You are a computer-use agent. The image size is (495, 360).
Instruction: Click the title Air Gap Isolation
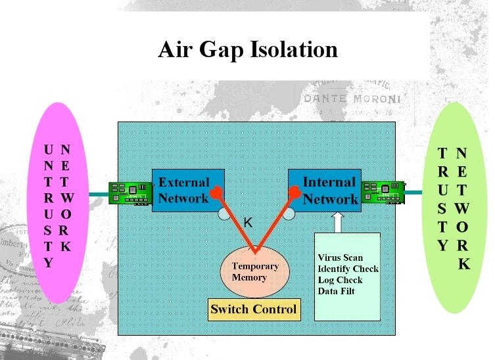point(247,49)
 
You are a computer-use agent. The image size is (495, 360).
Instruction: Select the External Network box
point(184,191)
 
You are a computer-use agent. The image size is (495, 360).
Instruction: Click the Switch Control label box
point(254,309)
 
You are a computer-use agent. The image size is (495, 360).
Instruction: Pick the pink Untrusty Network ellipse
point(59,202)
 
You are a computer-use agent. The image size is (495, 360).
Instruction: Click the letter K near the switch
point(248,223)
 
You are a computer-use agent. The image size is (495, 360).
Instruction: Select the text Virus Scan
point(340,258)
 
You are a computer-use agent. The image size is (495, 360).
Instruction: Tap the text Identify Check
point(348,269)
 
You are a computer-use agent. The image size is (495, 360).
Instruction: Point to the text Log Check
point(340,280)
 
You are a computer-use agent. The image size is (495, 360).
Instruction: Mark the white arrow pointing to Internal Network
point(337,221)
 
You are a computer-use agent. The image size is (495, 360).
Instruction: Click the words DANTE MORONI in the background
point(352,100)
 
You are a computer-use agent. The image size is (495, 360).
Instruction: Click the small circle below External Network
point(225,214)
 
